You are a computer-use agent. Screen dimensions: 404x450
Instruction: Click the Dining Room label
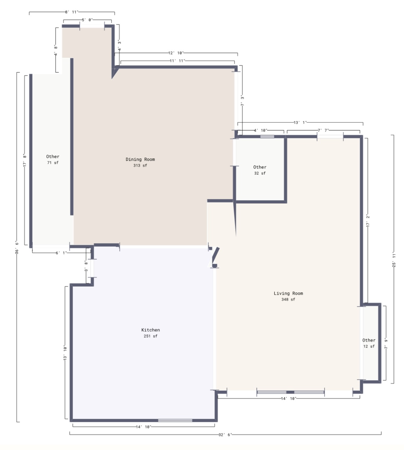(x=140, y=159)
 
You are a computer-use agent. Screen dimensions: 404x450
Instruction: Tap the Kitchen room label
(x=150, y=330)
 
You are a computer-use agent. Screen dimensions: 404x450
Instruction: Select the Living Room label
(x=288, y=293)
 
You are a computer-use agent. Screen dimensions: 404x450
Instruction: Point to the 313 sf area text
(x=140, y=165)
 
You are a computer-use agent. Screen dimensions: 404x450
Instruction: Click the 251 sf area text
(x=150, y=336)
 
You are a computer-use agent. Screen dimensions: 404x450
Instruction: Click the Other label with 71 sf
(x=52, y=156)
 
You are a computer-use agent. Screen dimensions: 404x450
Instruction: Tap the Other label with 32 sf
(x=260, y=167)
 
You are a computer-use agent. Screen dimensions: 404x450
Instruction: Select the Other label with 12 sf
(x=369, y=340)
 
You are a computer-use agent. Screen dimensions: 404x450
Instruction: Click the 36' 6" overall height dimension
(x=17, y=247)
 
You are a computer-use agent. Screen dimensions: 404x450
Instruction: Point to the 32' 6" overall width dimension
(x=225, y=435)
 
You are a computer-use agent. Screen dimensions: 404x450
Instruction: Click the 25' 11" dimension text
(x=394, y=260)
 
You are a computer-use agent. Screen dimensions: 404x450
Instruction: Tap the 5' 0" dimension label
(x=87, y=20)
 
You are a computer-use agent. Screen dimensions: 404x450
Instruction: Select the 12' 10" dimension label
(x=176, y=53)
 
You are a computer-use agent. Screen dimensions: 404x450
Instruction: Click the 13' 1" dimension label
(x=300, y=122)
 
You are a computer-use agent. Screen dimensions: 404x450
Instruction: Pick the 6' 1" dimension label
(x=61, y=253)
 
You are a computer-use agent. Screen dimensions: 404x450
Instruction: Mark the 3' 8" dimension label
(x=86, y=266)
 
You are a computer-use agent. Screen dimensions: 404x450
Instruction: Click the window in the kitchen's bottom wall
(x=175, y=420)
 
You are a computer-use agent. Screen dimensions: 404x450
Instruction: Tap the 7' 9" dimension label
(x=386, y=344)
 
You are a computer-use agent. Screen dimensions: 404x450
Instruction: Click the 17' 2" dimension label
(x=368, y=221)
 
